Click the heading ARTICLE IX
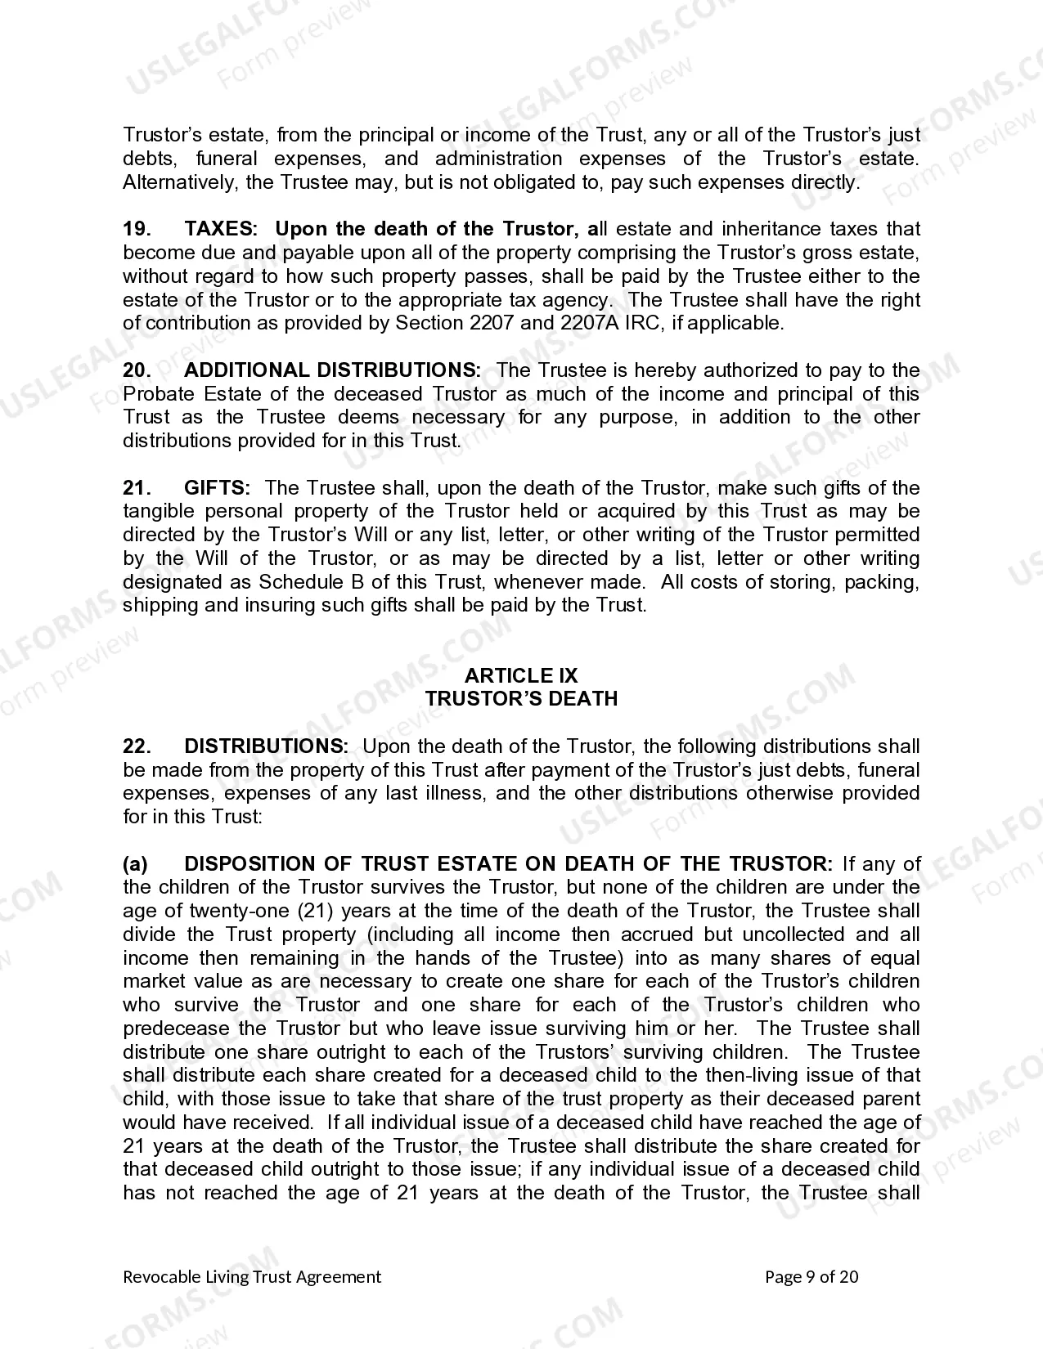(521, 675)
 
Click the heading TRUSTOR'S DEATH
(521, 699)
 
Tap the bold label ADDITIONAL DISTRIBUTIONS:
(332, 370)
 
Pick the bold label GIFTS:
(217, 488)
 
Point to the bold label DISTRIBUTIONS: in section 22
(266, 746)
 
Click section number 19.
(137, 229)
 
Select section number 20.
(137, 370)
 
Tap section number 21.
(137, 488)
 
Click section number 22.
(137, 746)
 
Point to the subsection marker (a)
(135, 864)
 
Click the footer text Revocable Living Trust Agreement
(252, 1277)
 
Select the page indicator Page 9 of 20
(811, 1277)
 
